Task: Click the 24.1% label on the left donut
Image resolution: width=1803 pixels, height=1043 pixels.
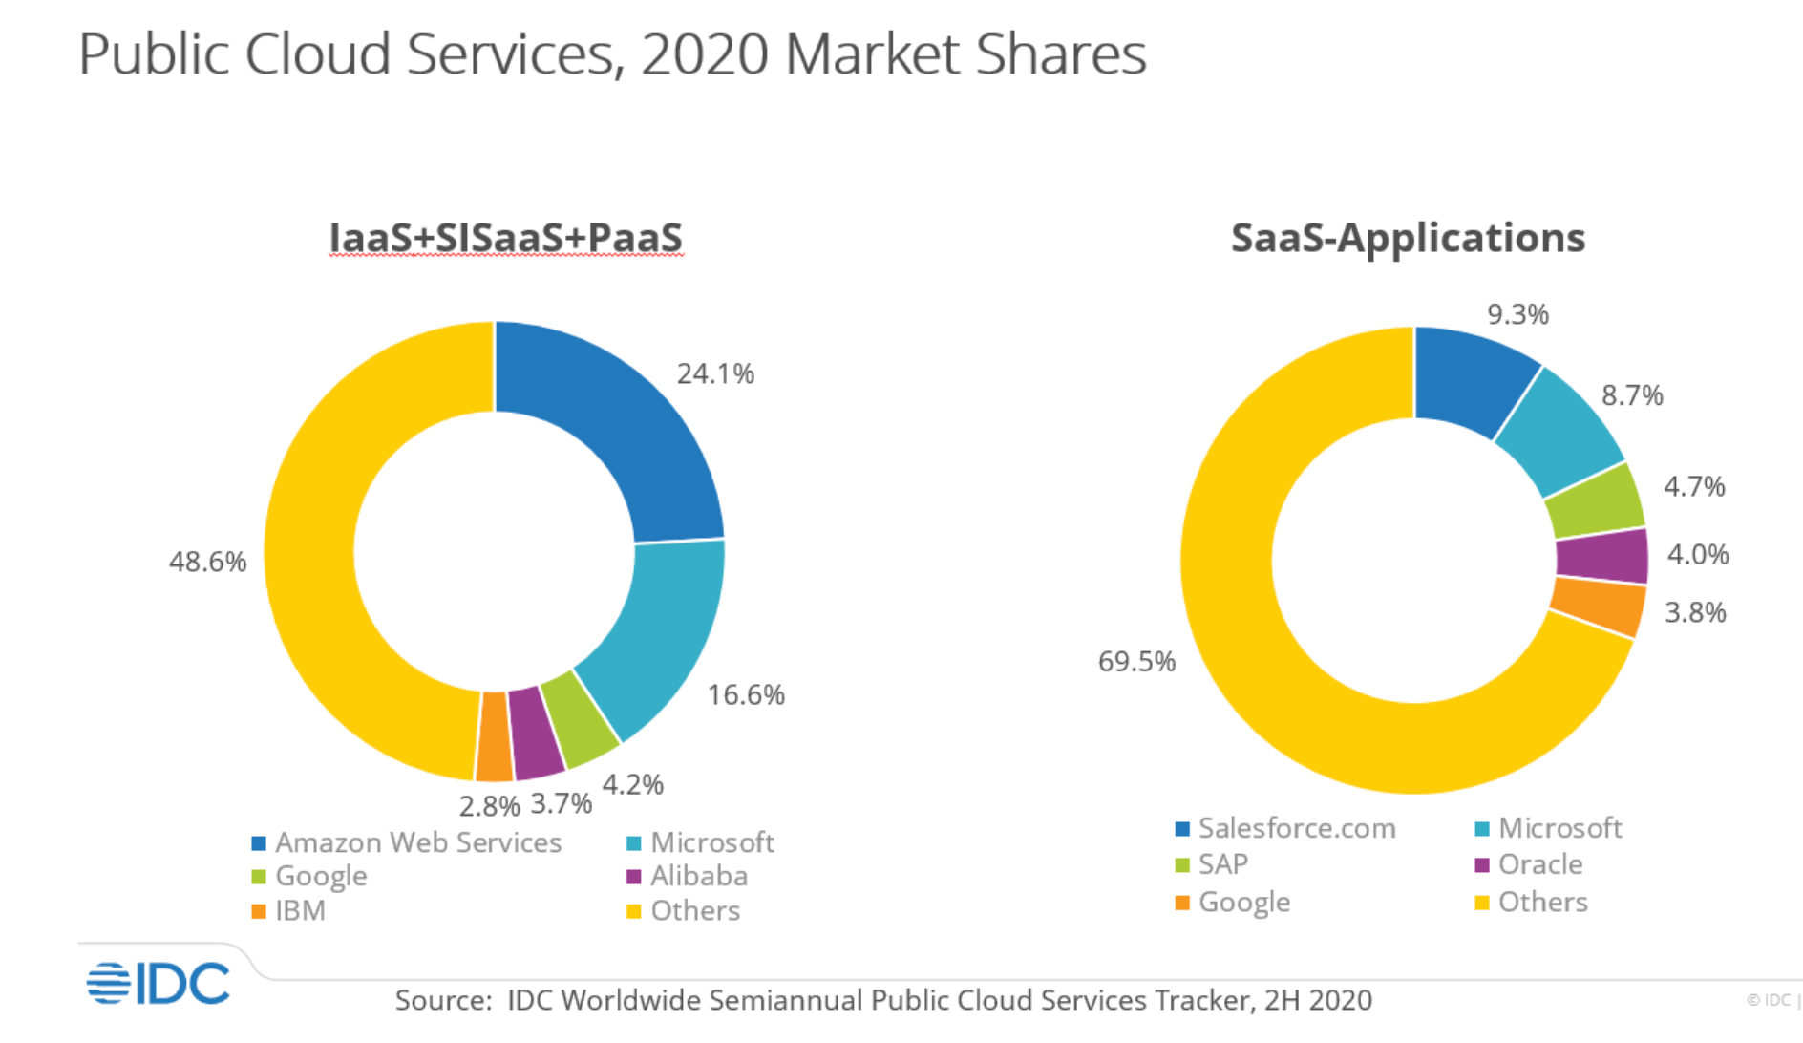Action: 715,373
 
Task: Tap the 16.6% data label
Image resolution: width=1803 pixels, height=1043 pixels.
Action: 746,694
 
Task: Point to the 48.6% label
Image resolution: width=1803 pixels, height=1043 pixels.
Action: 207,562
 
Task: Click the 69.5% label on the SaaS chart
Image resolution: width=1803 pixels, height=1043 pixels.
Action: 1136,661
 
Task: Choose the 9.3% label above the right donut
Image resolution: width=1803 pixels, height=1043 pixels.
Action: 1517,314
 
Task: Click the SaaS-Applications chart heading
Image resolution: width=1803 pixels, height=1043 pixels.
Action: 1408,238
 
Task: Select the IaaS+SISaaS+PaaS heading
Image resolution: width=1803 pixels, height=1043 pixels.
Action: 505,238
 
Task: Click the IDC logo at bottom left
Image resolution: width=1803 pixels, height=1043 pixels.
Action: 158,984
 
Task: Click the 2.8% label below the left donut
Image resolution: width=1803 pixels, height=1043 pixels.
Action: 489,806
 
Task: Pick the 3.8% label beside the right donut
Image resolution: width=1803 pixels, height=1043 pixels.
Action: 1695,612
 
